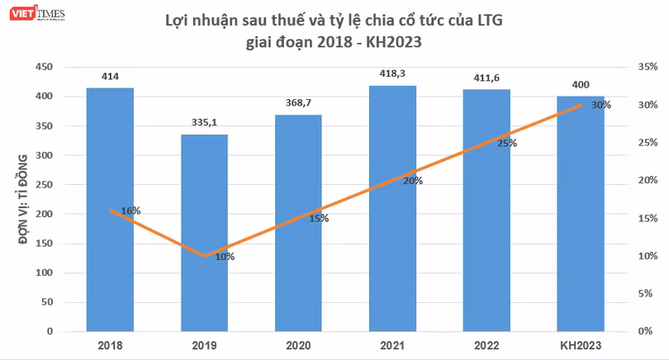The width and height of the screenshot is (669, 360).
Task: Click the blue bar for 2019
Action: pos(204,233)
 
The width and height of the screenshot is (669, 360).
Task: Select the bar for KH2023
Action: pos(581,214)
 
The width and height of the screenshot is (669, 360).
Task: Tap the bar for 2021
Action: pos(392,209)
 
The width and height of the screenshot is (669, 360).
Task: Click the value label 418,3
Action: pos(392,73)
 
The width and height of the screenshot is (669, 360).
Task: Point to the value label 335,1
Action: pos(204,122)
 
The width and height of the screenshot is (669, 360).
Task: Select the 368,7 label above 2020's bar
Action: pos(298,102)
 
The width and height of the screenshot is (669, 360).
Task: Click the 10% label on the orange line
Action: pos(225,257)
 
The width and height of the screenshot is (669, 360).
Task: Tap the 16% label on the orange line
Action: pos(130,211)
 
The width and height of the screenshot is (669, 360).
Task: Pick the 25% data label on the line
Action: pos(507,144)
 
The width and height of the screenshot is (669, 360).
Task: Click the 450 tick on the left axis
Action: pos(45,67)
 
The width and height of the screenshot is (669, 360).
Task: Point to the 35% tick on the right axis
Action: pos(648,67)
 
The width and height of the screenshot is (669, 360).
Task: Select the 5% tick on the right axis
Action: pos(645,293)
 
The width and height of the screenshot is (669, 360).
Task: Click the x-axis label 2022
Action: pos(486,345)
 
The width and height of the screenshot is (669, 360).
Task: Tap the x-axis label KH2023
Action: pos(581,345)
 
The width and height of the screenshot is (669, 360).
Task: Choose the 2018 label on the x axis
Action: pos(110,345)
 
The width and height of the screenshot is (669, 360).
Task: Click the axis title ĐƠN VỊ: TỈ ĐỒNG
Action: pos(23,199)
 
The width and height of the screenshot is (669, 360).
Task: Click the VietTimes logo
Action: pos(37,13)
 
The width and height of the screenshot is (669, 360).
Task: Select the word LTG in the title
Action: pos(490,20)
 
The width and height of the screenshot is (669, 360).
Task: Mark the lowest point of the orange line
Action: pos(204,256)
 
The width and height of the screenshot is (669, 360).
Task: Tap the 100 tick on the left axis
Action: pos(45,272)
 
